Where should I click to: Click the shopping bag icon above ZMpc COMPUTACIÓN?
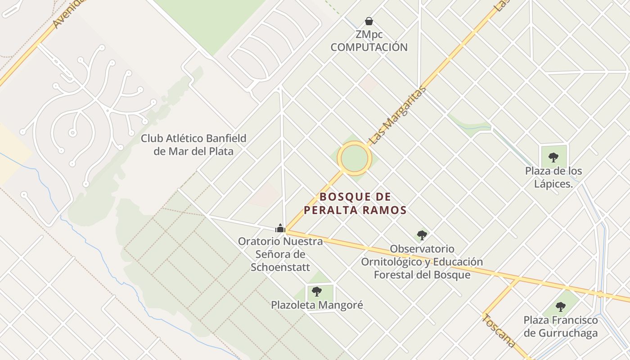point(369,21)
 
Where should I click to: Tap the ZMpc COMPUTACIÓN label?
point(369,41)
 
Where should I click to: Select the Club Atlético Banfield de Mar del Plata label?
point(193,144)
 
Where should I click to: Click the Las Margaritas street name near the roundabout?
point(397,116)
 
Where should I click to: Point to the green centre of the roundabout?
point(355,158)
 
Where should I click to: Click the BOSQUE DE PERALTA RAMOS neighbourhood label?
point(355,203)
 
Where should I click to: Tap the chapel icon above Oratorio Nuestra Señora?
point(280,228)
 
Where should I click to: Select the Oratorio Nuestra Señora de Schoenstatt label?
point(280,254)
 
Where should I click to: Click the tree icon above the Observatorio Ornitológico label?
point(422,235)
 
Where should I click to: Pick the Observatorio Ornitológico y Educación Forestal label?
point(422,262)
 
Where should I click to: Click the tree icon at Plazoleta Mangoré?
point(317,291)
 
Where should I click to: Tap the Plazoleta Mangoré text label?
point(317,305)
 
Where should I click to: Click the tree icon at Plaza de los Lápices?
point(553,157)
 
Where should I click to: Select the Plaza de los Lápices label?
point(553,177)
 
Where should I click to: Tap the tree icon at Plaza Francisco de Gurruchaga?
point(560,307)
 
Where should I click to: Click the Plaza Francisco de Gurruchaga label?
point(561,327)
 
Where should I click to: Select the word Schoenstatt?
point(280,267)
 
